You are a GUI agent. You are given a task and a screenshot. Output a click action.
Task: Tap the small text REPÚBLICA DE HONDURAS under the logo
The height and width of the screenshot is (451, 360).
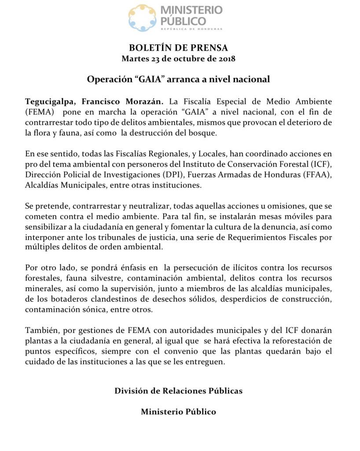(191, 29)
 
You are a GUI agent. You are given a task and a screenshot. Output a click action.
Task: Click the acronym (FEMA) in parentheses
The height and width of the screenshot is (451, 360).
(40, 112)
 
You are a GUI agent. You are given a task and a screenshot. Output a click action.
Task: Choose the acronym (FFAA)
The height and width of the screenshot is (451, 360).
(320, 175)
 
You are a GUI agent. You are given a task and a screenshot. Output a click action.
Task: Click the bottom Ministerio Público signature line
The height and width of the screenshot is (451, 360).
(178, 412)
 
